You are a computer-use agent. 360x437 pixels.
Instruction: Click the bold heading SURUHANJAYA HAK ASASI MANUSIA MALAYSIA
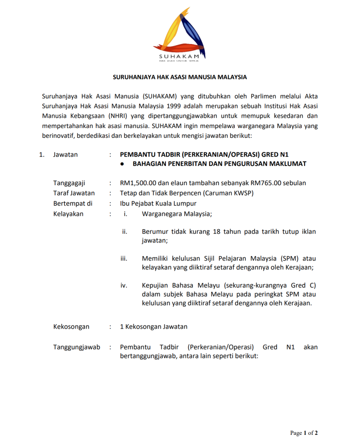pos(180,78)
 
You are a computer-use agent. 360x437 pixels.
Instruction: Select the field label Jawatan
pos(65,154)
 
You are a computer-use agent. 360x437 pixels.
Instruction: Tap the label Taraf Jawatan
pos(74,193)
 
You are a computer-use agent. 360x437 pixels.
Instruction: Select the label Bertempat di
pos(73,204)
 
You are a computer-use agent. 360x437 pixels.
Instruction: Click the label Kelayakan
pos(68,214)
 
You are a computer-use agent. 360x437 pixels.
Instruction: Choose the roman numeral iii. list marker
pos(125,259)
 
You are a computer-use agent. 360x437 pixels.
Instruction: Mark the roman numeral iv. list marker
pos(125,286)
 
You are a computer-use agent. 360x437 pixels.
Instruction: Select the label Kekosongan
pos(71,327)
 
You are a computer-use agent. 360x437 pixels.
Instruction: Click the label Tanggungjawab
pos(77,347)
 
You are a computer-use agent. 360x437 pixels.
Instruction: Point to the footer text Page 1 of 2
pos(304,433)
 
